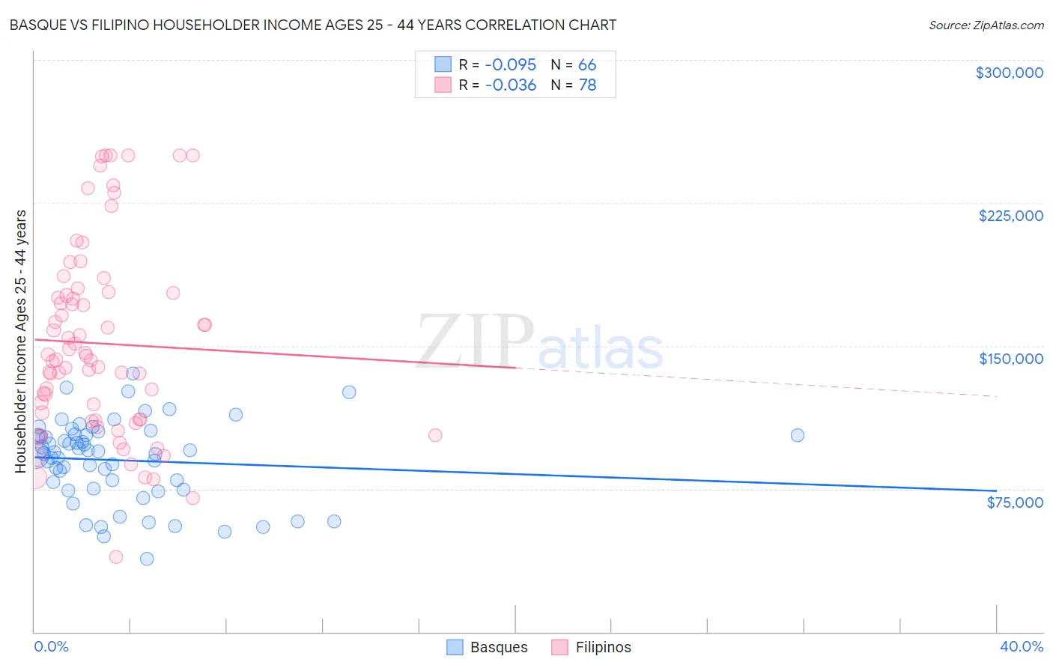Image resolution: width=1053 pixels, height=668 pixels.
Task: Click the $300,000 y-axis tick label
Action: click(1009, 73)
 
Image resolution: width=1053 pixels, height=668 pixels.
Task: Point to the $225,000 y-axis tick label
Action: click(1010, 216)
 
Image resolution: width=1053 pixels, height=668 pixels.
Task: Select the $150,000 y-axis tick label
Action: click(1010, 359)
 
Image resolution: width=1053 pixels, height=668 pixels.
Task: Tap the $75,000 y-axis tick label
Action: click(1014, 502)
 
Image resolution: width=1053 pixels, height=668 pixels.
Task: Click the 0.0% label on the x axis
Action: click(51, 646)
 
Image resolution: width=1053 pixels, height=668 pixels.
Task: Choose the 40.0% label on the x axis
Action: click(1021, 646)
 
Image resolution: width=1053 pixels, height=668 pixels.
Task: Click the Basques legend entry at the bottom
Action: click(488, 647)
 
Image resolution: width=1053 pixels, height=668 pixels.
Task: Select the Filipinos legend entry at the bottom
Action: click(592, 647)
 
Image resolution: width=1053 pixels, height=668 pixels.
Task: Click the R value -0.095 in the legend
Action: click(510, 65)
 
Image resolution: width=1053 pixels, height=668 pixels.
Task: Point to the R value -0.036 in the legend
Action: click(510, 85)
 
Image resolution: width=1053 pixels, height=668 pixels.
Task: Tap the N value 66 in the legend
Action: click(587, 65)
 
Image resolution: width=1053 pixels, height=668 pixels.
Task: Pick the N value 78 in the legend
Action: click(587, 85)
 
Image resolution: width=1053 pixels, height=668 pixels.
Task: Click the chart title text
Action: click(313, 25)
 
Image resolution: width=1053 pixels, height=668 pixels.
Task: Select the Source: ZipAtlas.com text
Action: click(986, 25)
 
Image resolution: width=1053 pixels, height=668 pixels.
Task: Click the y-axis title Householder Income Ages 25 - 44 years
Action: click(21, 341)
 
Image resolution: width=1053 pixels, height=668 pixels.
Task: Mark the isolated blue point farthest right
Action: click(798, 435)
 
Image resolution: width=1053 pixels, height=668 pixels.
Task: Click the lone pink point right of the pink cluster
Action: click(435, 435)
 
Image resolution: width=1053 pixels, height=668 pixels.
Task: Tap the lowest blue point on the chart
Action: click(147, 559)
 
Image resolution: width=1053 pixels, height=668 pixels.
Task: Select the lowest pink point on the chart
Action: click(116, 556)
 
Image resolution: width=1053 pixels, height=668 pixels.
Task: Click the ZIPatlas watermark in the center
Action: click(539, 343)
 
